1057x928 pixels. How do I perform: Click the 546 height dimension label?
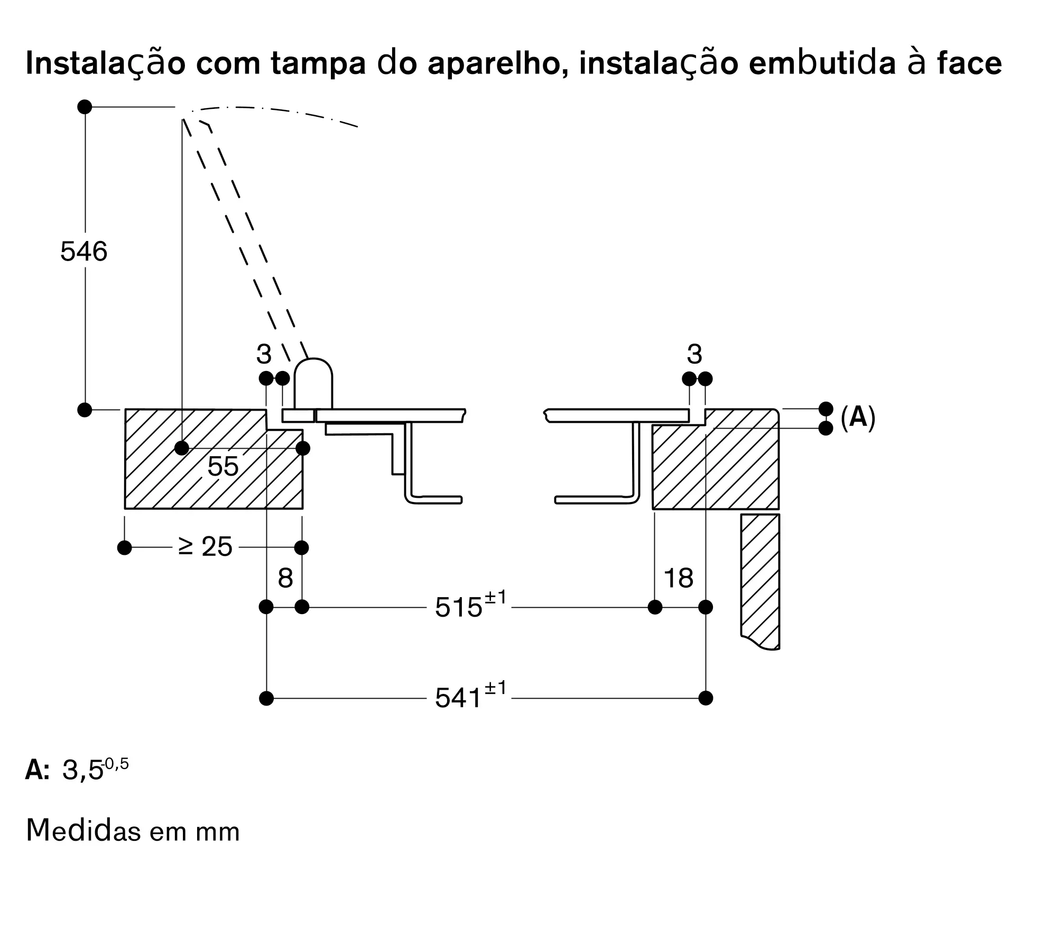click(x=84, y=252)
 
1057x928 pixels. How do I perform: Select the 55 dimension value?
click(x=222, y=466)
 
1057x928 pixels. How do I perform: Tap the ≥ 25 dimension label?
click(x=205, y=546)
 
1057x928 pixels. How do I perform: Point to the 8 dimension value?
click(x=285, y=578)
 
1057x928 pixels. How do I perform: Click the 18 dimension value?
click(x=678, y=578)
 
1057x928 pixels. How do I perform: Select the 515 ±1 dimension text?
click(x=470, y=606)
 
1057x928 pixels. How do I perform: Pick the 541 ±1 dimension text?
click(x=470, y=697)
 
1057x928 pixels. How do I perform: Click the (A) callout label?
click(x=858, y=418)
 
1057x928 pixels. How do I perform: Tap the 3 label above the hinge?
click(x=264, y=354)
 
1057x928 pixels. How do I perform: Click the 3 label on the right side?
click(x=694, y=354)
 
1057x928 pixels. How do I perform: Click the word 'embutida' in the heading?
click(x=822, y=63)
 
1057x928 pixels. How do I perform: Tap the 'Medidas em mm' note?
click(x=133, y=830)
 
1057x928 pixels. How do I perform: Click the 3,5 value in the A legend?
click(x=83, y=771)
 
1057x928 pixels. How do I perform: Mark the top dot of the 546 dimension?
click(x=85, y=107)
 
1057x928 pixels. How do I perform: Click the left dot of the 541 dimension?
click(x=267, y=698)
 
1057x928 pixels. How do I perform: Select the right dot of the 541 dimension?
click(x=706, y=698)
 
